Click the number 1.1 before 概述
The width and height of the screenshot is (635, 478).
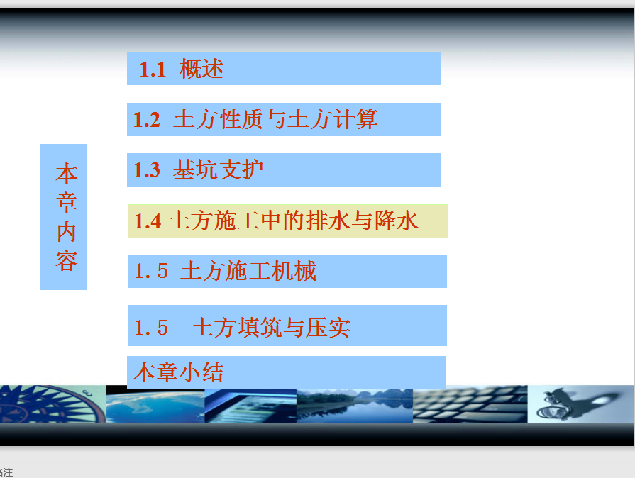(x=153, y=70)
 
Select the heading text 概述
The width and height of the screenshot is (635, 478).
(x=201, y=68)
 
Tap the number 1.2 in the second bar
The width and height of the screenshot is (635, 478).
(x=147, y=120)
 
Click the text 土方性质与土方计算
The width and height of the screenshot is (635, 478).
(x=275, y=119)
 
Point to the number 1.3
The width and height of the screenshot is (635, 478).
(x=147, y=170)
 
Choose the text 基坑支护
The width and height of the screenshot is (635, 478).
(x=218, y=169)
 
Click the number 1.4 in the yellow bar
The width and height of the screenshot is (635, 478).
(x=148, y=221)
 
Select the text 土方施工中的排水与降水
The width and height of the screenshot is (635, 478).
(x=293, y=221)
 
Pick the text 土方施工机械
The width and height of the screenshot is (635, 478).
(x=248, y=271)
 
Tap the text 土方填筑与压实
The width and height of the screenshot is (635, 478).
(x=271, y=327)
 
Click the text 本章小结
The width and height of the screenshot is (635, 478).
(x=179, y=372)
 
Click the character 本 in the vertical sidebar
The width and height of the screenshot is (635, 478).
(x=67, y=173)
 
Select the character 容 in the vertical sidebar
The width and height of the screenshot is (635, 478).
(x=67, y=261)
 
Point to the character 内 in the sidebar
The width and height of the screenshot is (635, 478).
(x=67, y=232)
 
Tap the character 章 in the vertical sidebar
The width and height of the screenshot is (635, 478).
(x=67, y=202)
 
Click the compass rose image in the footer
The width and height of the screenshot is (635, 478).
(x=53, y=404)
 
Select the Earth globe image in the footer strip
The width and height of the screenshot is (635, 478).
(x=155, y=404)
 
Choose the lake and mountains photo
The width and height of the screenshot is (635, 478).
(x=355, y=406)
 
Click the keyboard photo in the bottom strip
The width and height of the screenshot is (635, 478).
(x=470, y=404)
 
